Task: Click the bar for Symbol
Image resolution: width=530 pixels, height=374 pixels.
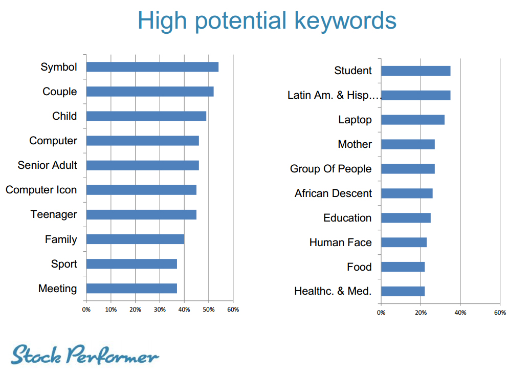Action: click(x=152, y=67)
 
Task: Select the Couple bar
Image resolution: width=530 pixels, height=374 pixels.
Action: click(x=150, y=92)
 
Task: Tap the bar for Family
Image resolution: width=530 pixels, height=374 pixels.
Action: click(x=135, y=239)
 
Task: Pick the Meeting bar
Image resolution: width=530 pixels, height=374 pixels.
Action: click(x=132, y=289)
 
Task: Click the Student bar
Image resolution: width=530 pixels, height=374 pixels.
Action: click(x=416, y=71)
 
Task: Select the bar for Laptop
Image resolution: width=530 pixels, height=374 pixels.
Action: click(x=413, y=120)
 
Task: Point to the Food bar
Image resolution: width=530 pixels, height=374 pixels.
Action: click(x=403, y=267)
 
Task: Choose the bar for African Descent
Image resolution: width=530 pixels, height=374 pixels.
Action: click(x=407, y=193)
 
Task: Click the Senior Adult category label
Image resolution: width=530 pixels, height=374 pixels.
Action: click(x=47, y=165)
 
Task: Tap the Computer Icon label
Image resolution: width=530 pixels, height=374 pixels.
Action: click(x=41, y=190)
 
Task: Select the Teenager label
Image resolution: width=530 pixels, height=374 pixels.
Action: click(x=54, y=214)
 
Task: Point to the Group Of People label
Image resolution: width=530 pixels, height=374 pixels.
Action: click(x=330, y=169)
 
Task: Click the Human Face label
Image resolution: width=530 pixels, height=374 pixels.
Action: click(x=340, y=243)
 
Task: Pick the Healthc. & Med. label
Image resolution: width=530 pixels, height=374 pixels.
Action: click(x=333, y=291)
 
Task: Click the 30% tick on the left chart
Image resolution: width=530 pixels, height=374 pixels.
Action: click(x=160, y=310)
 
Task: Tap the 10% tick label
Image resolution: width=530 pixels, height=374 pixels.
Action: click(x=111, y=310)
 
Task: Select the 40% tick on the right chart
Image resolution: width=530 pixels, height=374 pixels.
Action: click(x=460, y=313)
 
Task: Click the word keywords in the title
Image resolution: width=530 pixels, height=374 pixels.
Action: click(x=345, y=21)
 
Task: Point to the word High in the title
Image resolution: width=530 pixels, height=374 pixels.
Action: click(x=162, y=21)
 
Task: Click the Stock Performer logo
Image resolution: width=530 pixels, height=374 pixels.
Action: click(x=84, y=355)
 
